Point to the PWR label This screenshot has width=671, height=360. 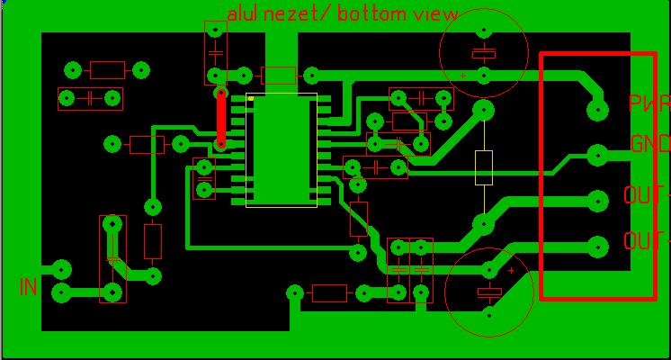coord(649,103)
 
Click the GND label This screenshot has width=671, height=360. coord(649,144)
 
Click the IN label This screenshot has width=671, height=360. coord(29,287)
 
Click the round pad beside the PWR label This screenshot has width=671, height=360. coord(597,111)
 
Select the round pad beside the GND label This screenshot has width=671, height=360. coord(597,156)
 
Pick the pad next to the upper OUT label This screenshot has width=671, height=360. coord(597,200)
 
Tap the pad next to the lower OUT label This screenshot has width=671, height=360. coord(597,245)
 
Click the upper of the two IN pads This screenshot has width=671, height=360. coord(61,269)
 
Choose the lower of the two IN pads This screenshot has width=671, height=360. coord(61,292)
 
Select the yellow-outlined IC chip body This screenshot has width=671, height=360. coord(282,150)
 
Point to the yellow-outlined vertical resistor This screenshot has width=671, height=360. coord(484,167)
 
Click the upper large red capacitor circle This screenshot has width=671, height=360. coord(483,50)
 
